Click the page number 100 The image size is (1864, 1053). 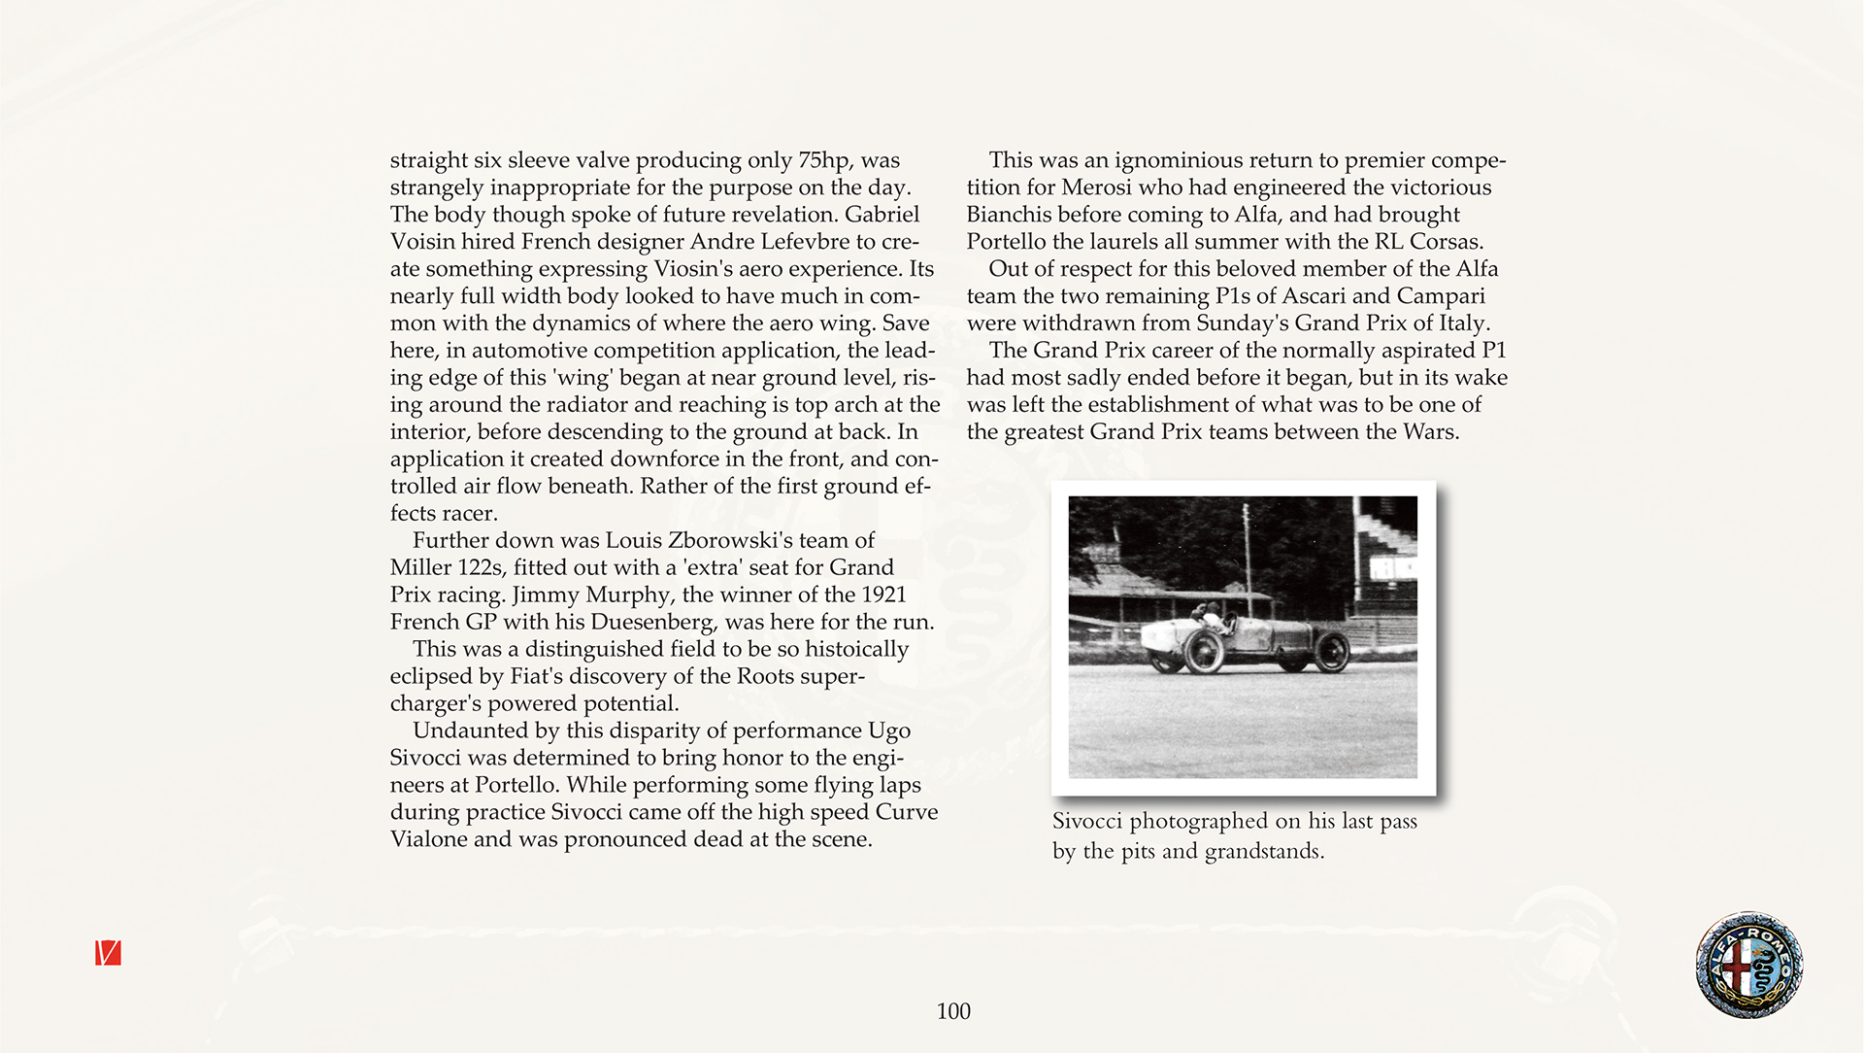[x=953, y=1011]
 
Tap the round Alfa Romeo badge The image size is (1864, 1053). [x=1748, y=965]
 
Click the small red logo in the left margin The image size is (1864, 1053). [x=108, y=953]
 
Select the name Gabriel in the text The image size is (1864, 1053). [x=882, y=215]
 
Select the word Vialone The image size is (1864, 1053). [x=427, y=839]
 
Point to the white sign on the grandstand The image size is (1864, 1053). [x=1391, y=567]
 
